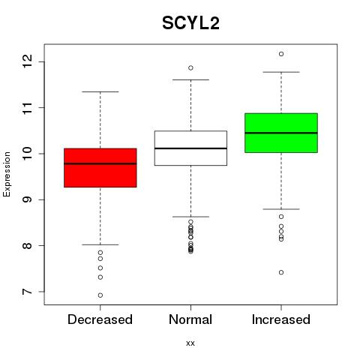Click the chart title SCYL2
tap(190, 23)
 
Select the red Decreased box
tap(100, 168)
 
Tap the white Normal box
tap(190, 148)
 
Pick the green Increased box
tap(281, 133)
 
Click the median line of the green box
tap(281, 133)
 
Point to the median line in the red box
tap(100, 163)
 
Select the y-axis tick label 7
tap(28, 292)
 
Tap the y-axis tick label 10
tap(28, 154)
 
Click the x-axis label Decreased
tap(100, 319)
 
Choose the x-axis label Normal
tap(190, 319)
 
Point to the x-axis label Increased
tap(281, 319)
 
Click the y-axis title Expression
tap(7, 174)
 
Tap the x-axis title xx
tap(190, 343)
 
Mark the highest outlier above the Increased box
tap(281, 54)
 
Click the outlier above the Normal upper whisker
tap(190, 67)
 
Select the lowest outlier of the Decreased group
tap(100, 295)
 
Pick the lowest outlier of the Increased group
tap(281, 272)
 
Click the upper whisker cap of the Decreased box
tap(100, 91)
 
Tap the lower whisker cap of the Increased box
tap(281, 209)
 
